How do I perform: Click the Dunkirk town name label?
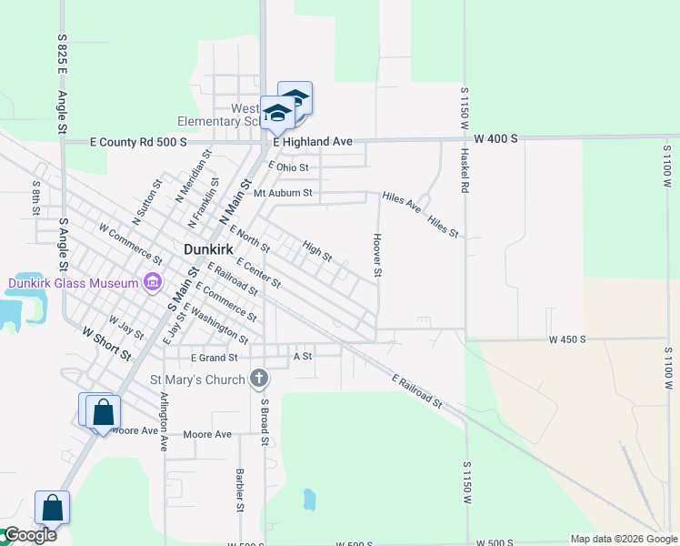211,248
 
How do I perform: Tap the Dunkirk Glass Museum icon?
152,282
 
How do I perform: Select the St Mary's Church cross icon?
259,379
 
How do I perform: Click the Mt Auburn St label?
283,193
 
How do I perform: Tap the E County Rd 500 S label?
137,143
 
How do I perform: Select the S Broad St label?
265,421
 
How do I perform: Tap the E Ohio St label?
288,167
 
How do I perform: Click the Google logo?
29,535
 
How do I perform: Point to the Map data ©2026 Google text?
624,539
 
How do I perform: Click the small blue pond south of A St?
309,499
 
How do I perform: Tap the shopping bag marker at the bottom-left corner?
52,509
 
